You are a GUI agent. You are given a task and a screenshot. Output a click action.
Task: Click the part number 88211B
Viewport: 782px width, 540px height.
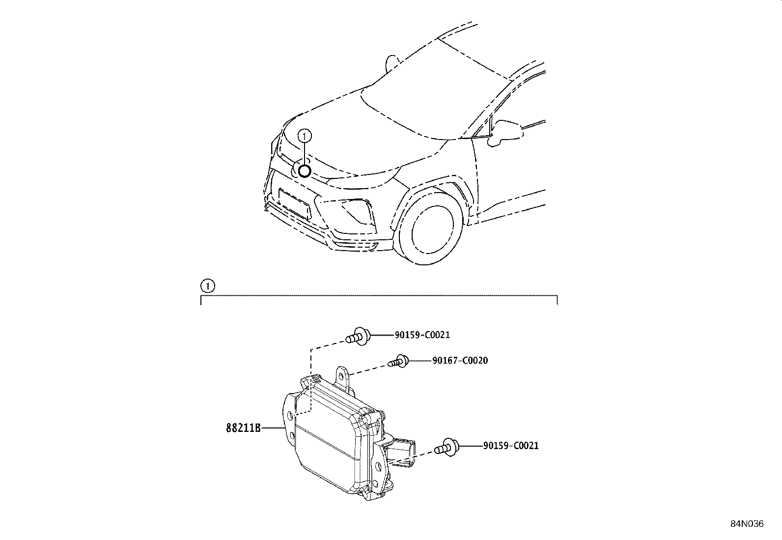tap(243, 427)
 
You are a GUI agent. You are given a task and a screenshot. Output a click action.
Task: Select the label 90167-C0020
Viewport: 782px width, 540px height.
tap(460, 361)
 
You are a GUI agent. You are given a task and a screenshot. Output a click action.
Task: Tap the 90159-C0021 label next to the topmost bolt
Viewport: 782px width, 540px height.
tap(422, 335)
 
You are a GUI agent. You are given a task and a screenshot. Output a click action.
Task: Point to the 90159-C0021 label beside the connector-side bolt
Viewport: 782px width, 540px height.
tap(510, 446)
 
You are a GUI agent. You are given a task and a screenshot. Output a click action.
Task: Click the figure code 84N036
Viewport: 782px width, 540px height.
tap(747, 524)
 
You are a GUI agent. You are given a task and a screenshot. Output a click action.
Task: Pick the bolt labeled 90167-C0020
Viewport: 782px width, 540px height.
tap(397, 362)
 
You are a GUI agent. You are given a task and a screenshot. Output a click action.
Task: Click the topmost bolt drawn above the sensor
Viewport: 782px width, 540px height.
tap(358, 337)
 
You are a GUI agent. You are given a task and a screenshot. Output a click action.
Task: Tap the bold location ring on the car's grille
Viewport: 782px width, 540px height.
tap(305, 171)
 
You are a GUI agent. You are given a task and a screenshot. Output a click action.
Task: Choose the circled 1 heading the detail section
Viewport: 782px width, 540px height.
tap(208, 285)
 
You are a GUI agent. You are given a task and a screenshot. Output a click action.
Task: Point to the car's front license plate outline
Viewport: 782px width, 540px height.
tap(294, 202)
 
